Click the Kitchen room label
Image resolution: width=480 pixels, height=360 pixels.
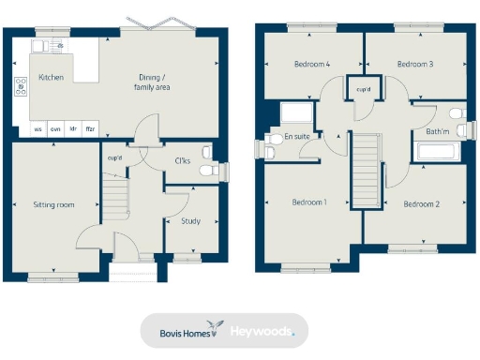tap(51, 77)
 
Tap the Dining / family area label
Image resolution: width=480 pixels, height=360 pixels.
tap(151, 82)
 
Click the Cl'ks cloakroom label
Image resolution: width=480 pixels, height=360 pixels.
tap(184, 160)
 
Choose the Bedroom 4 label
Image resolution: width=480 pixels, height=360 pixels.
tap(310, 65)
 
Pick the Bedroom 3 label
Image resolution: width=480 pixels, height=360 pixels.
tap(414, 65)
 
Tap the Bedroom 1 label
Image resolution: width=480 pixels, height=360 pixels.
tap(308, 202)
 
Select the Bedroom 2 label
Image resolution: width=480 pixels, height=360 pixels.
tap(421, 202)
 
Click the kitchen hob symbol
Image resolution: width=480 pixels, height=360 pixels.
tap(21, 88)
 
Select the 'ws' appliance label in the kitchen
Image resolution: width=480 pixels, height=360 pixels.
tap(38, 128)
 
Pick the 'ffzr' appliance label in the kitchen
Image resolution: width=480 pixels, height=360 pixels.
tap(90, 128)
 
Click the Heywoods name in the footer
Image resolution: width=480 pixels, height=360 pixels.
tap(262, 331)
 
